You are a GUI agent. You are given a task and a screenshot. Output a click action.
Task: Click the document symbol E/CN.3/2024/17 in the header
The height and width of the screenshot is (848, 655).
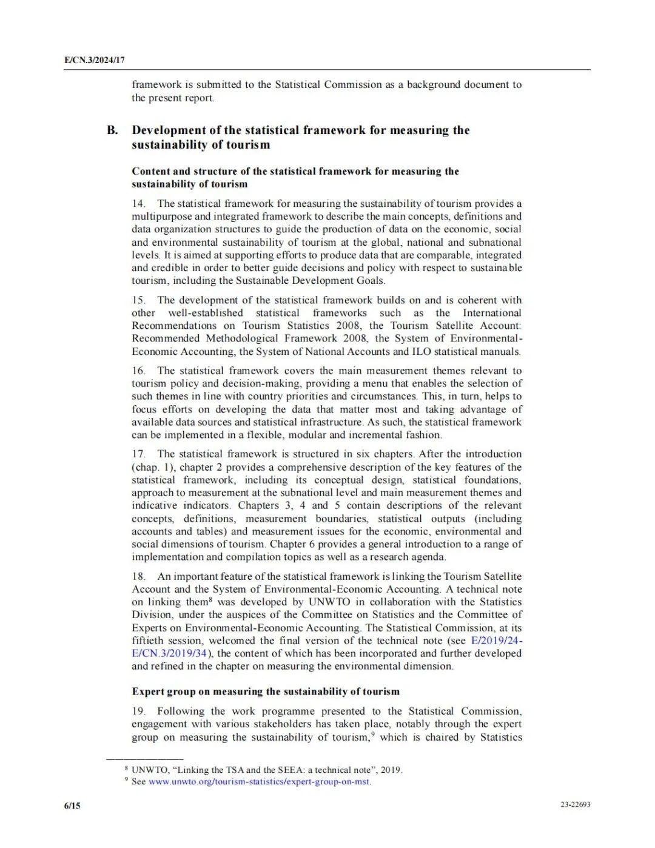(x=94, y=61)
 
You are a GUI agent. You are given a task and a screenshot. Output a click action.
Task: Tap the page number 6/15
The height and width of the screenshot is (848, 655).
(x=72, y=806)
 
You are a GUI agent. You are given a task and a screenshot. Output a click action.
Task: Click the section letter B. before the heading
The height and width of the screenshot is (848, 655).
(x=112, y=130)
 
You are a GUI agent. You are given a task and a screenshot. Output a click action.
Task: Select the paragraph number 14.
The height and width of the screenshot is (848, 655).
(x=139, y=204)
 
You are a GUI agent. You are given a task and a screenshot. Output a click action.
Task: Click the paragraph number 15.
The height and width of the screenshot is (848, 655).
(x=139, y=300)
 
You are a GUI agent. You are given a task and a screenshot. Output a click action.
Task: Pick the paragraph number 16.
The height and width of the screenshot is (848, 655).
(x=139, y=371)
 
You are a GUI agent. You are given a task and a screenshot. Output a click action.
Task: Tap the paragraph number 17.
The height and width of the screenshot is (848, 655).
(x=139, y=454)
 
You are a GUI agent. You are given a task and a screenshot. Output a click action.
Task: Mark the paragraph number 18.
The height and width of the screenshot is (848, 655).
(x=139, y=576)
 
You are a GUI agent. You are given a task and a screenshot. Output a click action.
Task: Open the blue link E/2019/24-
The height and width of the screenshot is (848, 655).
(x=496, y=641)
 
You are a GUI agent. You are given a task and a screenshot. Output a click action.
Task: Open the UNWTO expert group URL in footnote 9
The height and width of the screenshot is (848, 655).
(x=259, y=781)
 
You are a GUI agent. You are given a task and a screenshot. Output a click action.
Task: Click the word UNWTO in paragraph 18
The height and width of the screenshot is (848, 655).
(x=328, y=602)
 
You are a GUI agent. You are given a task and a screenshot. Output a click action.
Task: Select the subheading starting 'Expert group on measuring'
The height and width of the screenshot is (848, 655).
(x=266, y=692)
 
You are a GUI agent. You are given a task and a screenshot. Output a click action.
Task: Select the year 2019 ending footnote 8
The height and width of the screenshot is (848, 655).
(x=391, y=770)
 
